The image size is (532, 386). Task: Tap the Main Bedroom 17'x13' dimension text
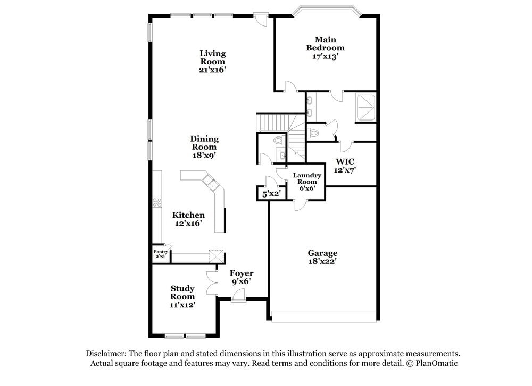click(x=325, y=56)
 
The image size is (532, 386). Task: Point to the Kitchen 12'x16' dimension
click(x=188, y=224)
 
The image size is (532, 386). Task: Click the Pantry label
click(x=161, y=252)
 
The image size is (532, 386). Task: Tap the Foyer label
click(x=242, y=273)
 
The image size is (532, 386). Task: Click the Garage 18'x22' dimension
click(x=322, y=261)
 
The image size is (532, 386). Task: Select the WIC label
click(x=345, y=161)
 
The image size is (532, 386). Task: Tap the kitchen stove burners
click(x=157, y=202)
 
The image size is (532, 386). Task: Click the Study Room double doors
click(x=212, y=281)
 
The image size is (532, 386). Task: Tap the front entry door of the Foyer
click(x=239, y=301)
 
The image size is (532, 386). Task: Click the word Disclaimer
click(x=105, y=354)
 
